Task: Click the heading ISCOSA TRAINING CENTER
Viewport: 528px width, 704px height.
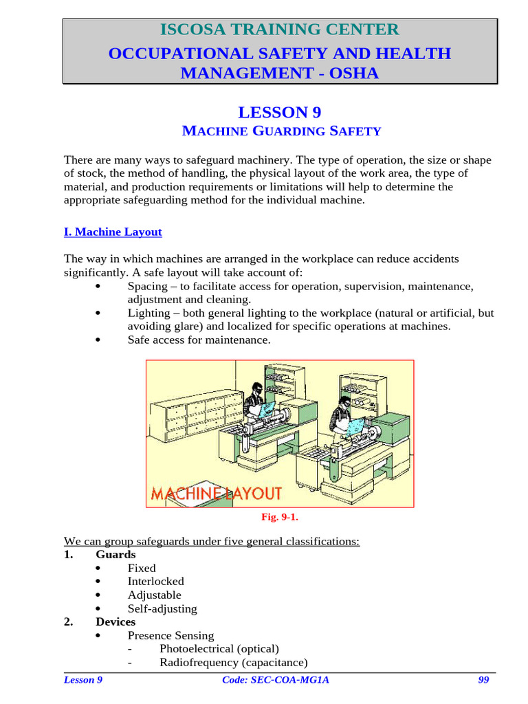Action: [x=279, y=30]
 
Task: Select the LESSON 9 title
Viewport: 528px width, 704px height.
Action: [x=279, y=113]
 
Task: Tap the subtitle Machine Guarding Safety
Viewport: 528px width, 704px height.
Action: [x=279, y=131]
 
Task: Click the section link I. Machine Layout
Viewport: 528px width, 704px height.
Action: [x=113, y=232]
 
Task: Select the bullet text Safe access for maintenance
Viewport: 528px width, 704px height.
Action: [x=199, y=340]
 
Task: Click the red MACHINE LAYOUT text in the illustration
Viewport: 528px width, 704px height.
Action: [x=216, y=493]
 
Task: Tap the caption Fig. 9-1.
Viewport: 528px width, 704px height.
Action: [x=279, y=517]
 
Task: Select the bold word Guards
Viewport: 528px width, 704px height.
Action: [x=115, y=554]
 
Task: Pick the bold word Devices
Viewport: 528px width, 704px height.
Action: [x=115, y=621]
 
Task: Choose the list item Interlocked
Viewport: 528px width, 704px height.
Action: [x=155, y=582]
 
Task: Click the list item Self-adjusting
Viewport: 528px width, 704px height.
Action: [x=162, y=608]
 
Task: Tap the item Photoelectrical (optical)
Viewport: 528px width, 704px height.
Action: [x=219, y=648]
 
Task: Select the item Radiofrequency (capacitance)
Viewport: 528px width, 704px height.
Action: [x=233, y=662]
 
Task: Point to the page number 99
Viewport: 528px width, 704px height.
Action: [x=483, y=680]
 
